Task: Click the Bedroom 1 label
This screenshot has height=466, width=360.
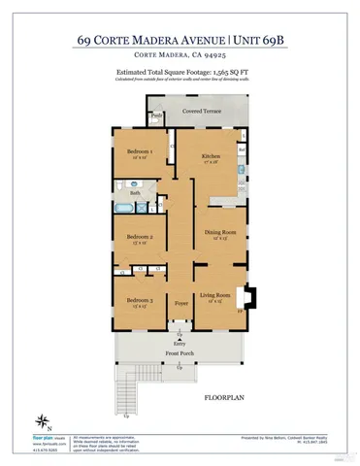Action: [x=133, y=152]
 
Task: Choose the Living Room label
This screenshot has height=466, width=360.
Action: [x=213, y=295]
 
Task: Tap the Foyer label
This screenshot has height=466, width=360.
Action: [x=180, y=304]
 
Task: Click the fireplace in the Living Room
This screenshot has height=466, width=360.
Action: [x=250, y=297]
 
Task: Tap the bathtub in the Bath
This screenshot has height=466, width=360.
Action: [x=123, y=207]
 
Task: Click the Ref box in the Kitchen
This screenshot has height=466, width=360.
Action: [x=241, y=151]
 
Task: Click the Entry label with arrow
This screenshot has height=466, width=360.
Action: [x=180, y=343]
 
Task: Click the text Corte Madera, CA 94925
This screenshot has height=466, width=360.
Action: [x=180, y=58]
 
